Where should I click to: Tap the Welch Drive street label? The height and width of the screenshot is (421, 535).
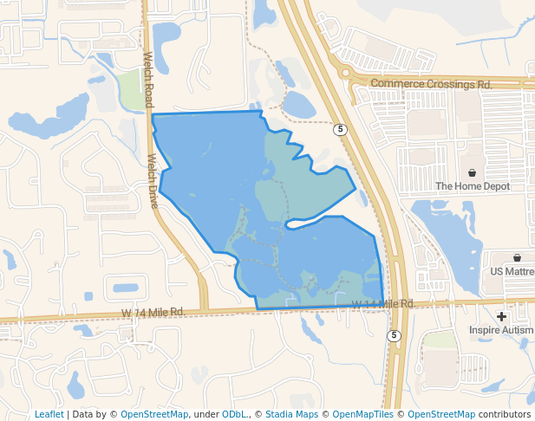click(x=153, y=180)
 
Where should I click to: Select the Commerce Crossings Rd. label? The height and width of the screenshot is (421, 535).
click(x=431, y=84)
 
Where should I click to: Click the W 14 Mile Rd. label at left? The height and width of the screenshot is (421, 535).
click(x=153, y=312)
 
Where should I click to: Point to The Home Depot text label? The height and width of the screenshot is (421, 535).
click(x=473, y=186)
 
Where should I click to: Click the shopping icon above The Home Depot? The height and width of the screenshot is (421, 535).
click(x=473, y=173)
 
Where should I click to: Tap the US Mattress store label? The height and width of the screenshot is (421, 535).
click(x=512, y=271)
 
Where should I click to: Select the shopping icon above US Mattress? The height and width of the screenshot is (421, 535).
click(x=517, y=257)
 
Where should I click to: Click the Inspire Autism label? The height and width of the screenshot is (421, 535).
click(x=502, y=330)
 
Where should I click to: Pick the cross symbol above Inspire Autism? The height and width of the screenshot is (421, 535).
click(x=501, y=317)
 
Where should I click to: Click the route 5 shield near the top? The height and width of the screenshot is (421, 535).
click(x=341, y=130)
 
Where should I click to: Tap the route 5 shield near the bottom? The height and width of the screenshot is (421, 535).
click(x=394, y=335)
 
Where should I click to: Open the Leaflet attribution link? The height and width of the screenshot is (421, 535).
click(x=49, y=414)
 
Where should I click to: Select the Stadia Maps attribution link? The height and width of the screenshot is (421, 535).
click(x=291, y=414)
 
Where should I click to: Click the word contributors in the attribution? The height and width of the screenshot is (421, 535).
click(x=504, y=414)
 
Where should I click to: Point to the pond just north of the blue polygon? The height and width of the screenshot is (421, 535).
click(x=299, y=105)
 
